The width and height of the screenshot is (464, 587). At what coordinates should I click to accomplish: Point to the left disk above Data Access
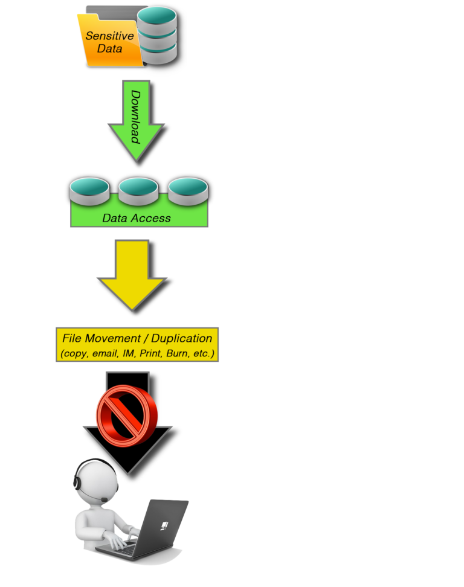coord(89,191)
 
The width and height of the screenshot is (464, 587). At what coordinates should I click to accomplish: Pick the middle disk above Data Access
coord(138,191)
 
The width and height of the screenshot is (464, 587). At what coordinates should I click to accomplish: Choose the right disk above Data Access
coord(188,191)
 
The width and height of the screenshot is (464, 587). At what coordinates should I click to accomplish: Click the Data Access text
coord(136,218)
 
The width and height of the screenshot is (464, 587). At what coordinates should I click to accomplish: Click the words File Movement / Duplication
coord(137,338)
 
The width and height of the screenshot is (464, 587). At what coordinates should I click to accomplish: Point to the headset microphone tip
coord(105,499)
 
